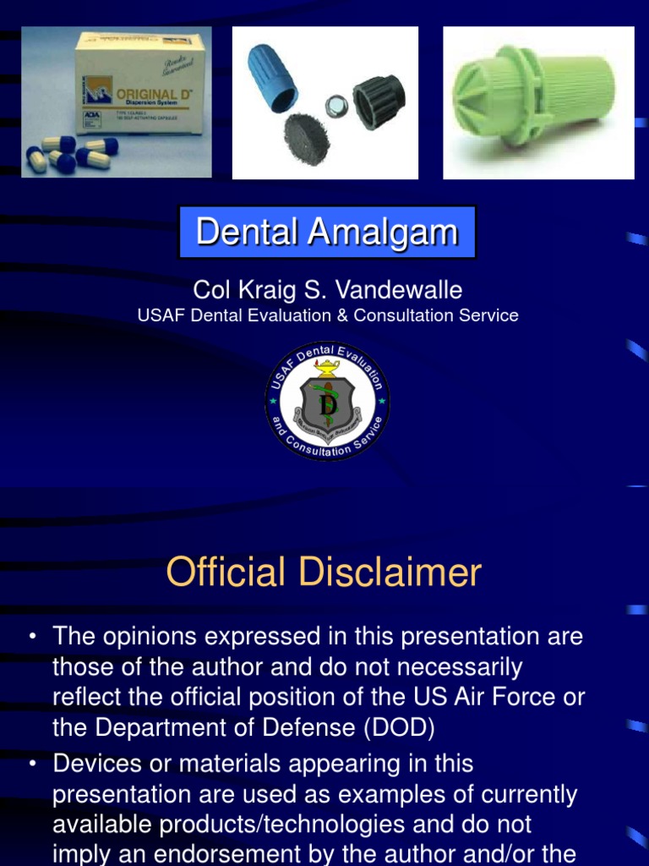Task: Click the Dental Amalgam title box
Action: coord(327,232)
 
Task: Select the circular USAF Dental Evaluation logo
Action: coord(327,401)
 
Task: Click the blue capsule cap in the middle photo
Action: coord(271,77)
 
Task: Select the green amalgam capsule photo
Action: coord(538,102)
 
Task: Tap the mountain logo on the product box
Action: coord(94,90)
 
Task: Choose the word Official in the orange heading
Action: coord(225,573)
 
